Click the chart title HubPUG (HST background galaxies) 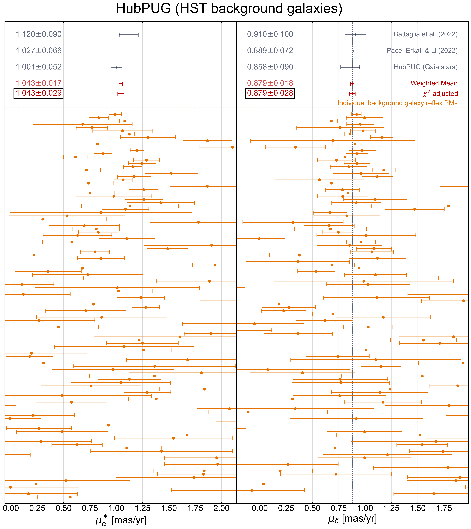[x=229, y=9]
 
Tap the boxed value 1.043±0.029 [x=39, y=93]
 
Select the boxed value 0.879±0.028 [x=270, y=93]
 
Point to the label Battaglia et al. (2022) [x=425, y=34]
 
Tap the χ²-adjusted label [x=440, y=93]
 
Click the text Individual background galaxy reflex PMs [x=397, y=103]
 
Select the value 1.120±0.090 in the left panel [x=39, y=34]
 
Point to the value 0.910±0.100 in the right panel [x=270, y=34]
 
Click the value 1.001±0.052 [x=39, y=67]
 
